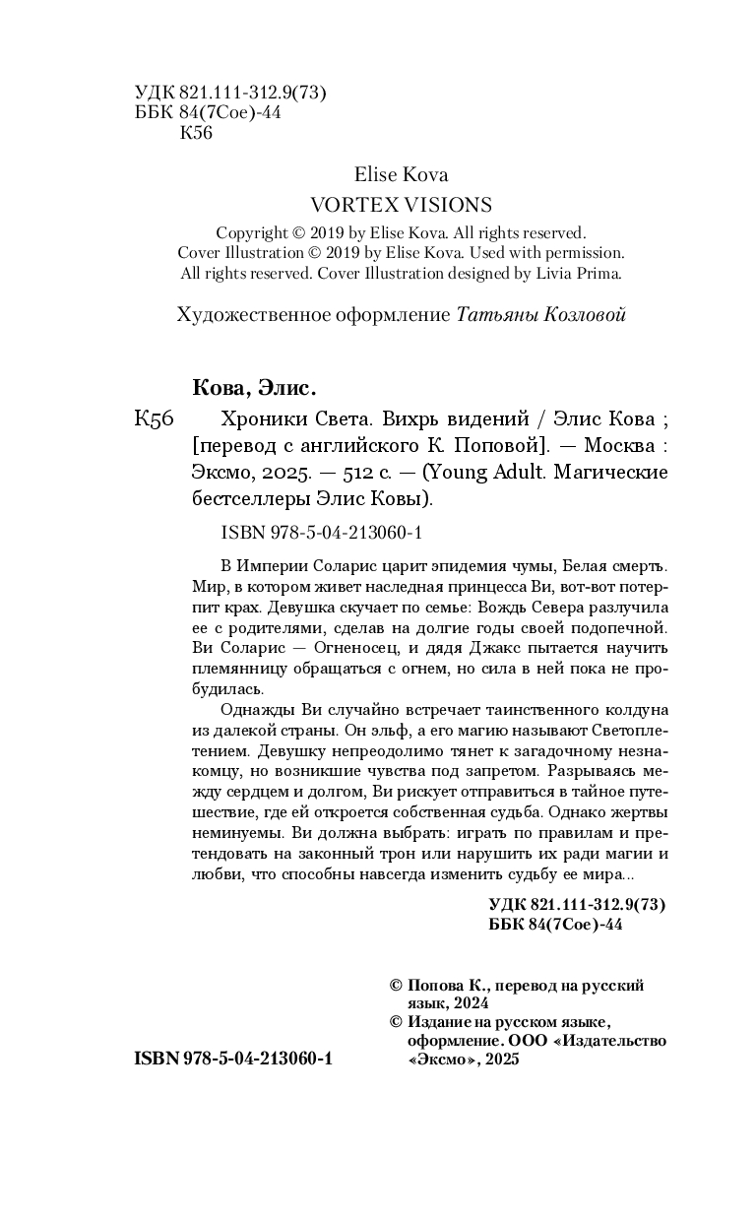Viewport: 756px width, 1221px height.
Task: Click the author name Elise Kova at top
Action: point(401,174)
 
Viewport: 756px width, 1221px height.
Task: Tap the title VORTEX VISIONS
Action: point(401,205)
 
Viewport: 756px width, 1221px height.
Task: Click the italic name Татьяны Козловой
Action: point(541,315)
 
